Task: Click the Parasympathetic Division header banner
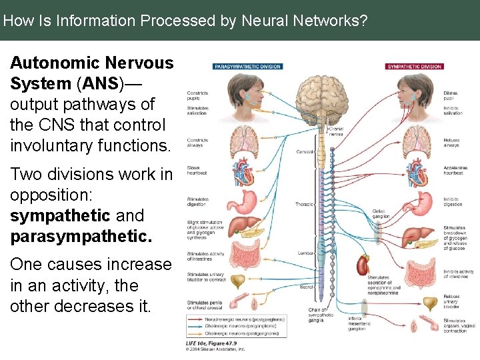point(247,67)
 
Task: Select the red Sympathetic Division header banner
point(415,67)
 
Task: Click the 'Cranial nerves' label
point(337,130)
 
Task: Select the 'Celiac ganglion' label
point(381,213)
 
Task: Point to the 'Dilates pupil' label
point(451,96)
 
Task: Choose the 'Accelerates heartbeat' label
point(455,171)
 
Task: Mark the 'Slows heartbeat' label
point(197,170)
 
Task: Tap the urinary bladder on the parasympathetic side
point(237,278)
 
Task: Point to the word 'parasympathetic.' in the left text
point(81,237)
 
